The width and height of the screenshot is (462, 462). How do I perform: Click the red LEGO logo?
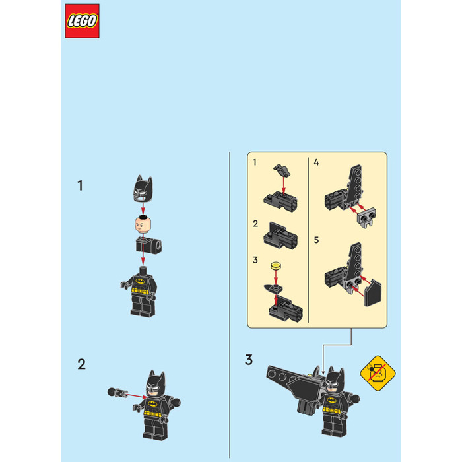[x=82, y=21]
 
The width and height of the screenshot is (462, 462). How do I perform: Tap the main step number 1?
[x=80, y=185]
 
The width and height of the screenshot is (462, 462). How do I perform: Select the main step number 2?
[x=82, y=364]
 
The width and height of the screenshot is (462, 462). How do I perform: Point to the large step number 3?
[x=249, y=360]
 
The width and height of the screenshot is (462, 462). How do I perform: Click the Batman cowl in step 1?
[x=143, y=189]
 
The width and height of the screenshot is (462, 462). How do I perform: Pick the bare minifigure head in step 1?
[x=143, y=224]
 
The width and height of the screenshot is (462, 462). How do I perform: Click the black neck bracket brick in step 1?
[x=148, y=246]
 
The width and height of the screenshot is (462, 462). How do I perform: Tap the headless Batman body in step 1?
[x=141, y=292]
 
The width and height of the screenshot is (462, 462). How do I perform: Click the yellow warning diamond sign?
[x=378, y=374]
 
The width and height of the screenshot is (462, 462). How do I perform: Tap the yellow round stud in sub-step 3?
[x=276, y=266]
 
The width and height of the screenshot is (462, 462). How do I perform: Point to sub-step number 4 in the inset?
[x=316, y=162]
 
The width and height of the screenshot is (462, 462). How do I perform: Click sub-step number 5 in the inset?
[x=316, y=240]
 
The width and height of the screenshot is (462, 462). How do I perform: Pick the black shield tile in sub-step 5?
[x=373, y=292]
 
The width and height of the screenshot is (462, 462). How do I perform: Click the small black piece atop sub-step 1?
[x=282, y=170]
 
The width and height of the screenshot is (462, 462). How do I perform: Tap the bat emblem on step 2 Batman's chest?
[x=152, y=403]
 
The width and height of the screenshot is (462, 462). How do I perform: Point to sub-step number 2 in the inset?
[x=255, y=224]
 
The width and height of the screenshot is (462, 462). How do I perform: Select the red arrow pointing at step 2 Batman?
[x=136, y=395]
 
